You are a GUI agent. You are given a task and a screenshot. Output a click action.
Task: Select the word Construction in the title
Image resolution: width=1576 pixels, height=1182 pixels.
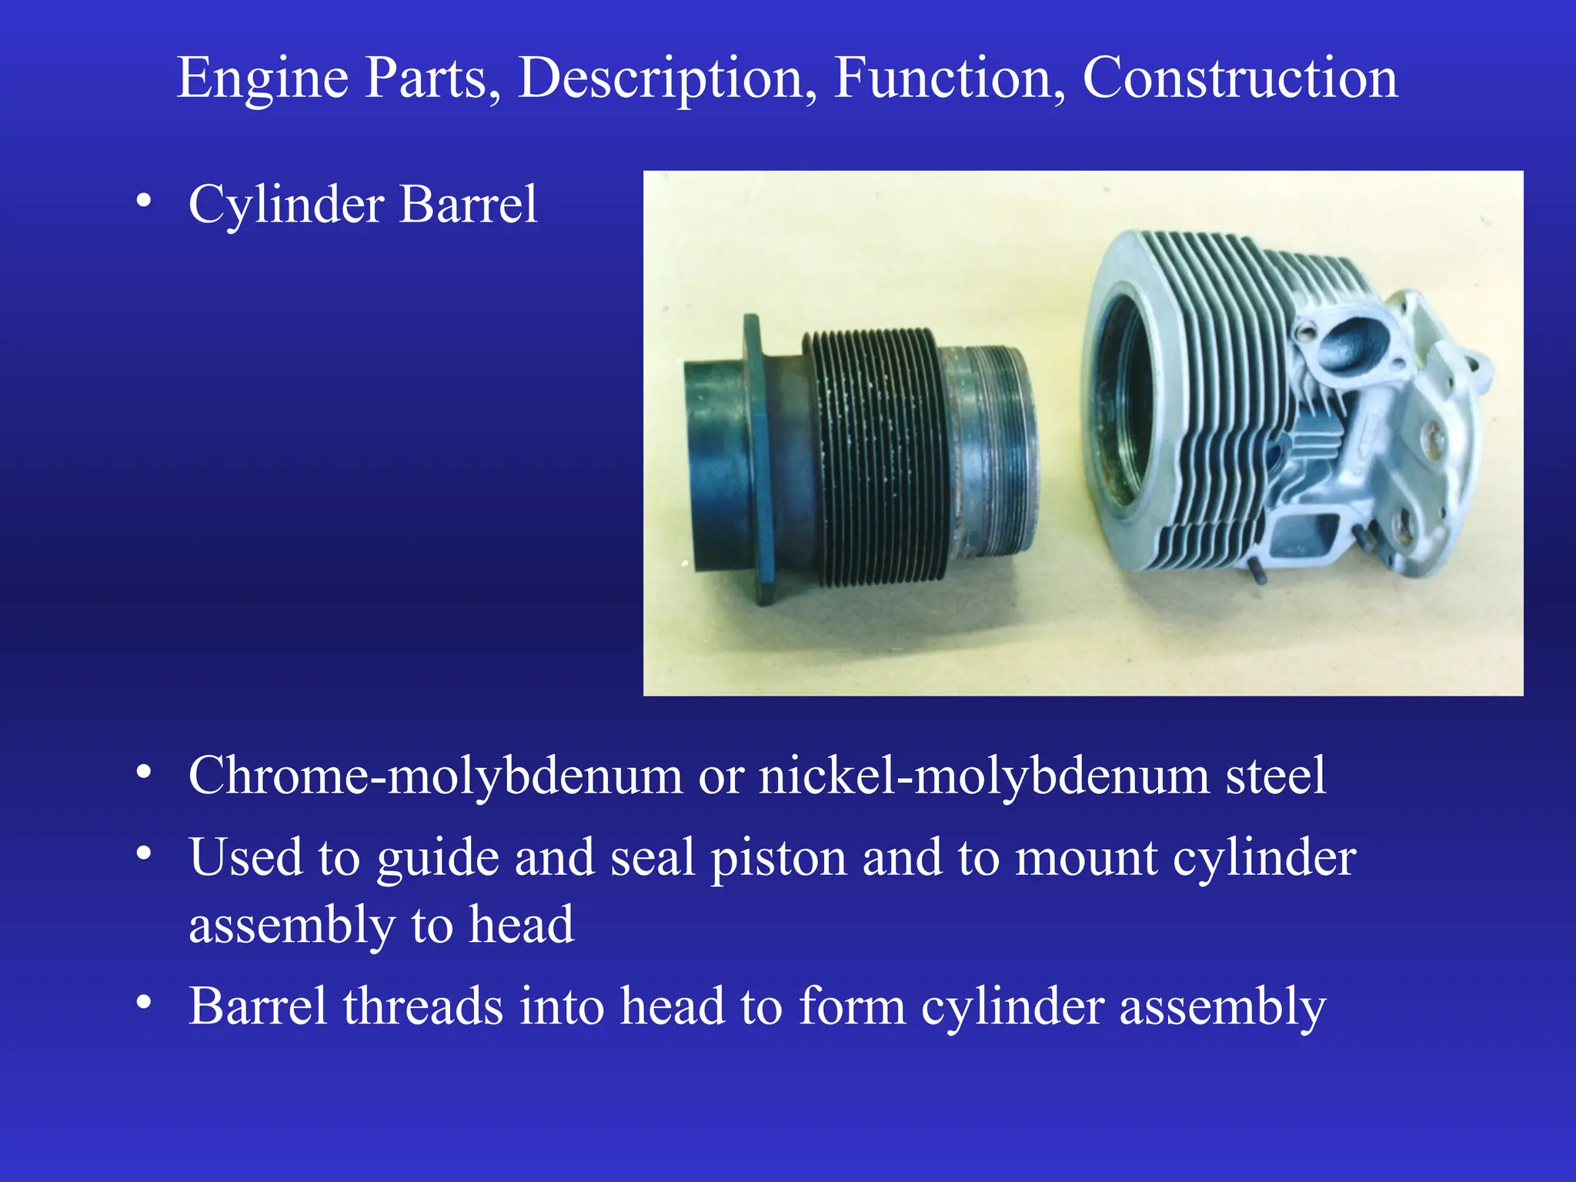click(x=1240, y=78)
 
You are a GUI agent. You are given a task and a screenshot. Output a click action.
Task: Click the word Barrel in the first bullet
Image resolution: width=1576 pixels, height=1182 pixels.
click(x=468, y=205)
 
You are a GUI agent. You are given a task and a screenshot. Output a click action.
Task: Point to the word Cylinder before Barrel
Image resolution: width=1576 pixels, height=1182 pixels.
click(x=286, y=206)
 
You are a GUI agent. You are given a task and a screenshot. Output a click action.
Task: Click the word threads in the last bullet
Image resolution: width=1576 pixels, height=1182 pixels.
click(x=422, y=1006)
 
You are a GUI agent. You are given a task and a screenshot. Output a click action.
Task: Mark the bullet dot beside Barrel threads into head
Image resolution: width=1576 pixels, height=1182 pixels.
click(x=144, y=1002)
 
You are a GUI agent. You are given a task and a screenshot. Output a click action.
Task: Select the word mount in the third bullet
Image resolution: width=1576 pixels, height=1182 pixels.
click(x=1086, y=859)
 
